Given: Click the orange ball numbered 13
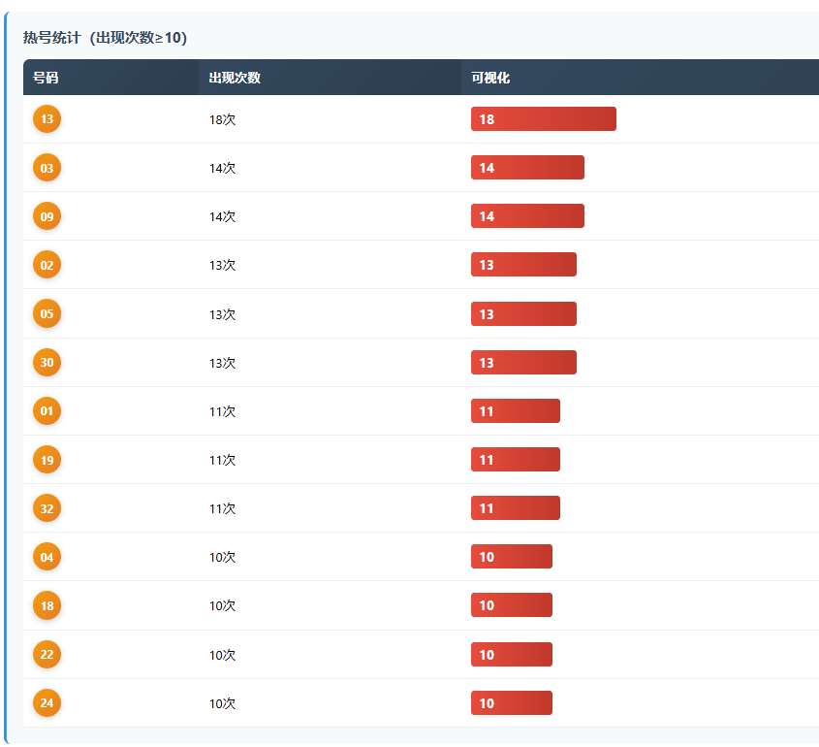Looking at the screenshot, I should [x=47, y=119].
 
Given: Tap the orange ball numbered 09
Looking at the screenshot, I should [x=47, y=216].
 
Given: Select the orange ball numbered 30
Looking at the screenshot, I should [x=47, y=363].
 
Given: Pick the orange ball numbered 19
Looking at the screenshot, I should [x=47, y=460].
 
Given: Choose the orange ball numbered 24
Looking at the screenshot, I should [x=47, y=703].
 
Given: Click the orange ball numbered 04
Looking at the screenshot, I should [x=47, y=557].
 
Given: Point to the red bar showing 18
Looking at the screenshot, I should [x=543, y=119].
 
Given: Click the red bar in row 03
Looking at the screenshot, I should [x=527, y=168].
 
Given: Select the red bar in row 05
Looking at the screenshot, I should [x=523, y=314].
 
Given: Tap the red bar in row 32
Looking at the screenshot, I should [x=515, y=508].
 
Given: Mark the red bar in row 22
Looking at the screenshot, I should [x=511, y=655].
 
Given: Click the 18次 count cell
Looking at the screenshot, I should [x=222, y=119].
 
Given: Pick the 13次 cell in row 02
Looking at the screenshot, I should [x=222, y=265].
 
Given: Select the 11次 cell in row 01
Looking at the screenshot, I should [x=222, y=411].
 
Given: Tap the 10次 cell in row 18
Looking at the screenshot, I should [x=222, y=605].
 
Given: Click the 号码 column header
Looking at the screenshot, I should [x=46, y=78].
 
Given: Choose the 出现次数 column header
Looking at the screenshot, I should [x=235, y=78].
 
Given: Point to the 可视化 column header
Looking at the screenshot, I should [x=490, y=78].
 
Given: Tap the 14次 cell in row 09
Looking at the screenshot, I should [x=222, y=216].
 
